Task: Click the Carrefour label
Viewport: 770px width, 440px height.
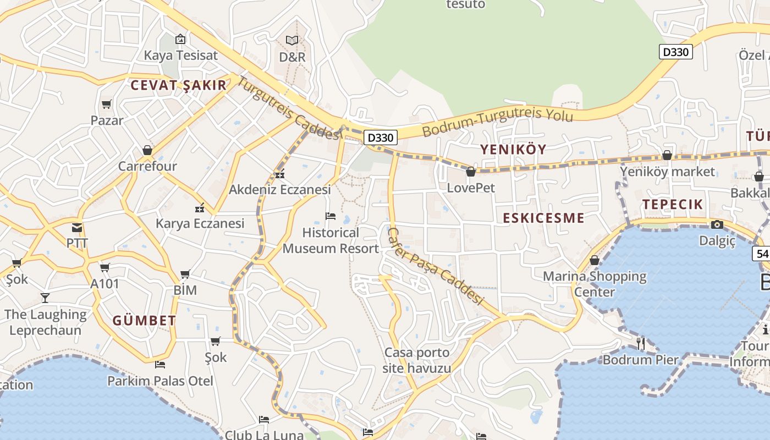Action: [x=147, y=166]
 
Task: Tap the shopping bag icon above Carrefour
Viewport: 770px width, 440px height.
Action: [x=147, y=150]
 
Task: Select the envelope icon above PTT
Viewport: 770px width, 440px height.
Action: [x=77, y=227]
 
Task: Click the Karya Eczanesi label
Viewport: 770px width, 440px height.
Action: [x=200, y=223]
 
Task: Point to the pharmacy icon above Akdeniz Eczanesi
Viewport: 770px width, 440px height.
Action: [x=280, y=175]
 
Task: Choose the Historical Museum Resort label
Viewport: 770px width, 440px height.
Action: [x=331, y=240]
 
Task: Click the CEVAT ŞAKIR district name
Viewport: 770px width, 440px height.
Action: [x=178, y=85]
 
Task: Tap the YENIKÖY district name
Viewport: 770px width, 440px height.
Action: [x=513, y=149]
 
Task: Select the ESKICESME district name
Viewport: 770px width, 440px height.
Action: [x=543, y=218]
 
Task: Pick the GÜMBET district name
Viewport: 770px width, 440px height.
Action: [x=144, y=321]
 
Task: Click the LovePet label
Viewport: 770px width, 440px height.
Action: [x=471, y=188]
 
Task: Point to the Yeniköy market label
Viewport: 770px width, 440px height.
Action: [x=668, y=172]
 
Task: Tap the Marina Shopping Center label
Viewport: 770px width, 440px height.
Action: [x=595, y=284]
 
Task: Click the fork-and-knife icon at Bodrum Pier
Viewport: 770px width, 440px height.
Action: [x=640, y=344]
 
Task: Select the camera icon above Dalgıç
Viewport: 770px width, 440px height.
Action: [x=717, y=224]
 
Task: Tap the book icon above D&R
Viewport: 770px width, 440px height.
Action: [x=292, y=40]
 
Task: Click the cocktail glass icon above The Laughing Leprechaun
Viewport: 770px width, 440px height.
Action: [x=45, y=298]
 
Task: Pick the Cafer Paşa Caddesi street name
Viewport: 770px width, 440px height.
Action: [x=435, y=266]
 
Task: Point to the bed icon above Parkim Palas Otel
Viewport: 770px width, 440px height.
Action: [x=160, y=364]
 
